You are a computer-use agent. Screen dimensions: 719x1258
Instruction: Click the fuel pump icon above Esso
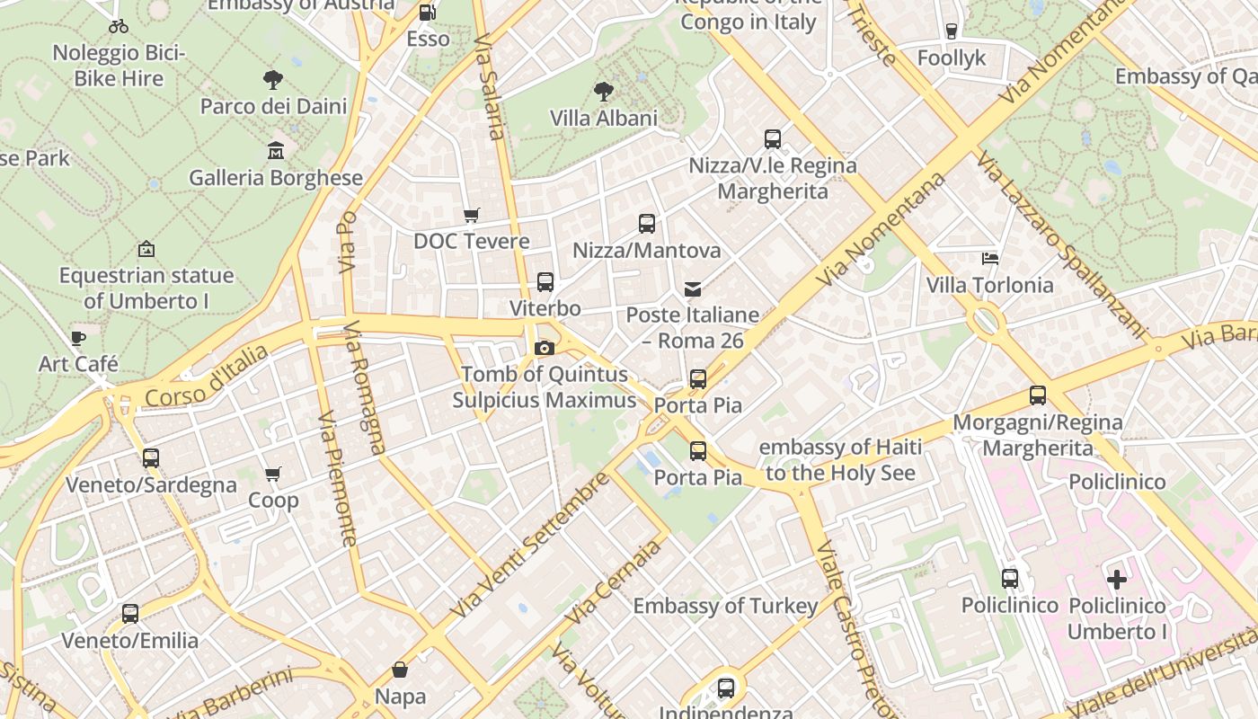tap(428, 13)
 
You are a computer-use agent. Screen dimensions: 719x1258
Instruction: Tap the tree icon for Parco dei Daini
tap(273, 80)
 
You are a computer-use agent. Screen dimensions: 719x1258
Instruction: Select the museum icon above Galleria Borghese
tap(276, 151)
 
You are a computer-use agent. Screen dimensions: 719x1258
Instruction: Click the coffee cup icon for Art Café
tap(78, 338)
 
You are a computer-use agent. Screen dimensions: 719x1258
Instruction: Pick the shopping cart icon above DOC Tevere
tap(471, 215)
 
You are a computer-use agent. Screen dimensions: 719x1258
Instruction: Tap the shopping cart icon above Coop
tap(273, 474)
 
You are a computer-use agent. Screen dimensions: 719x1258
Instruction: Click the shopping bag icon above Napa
tap(400, 670)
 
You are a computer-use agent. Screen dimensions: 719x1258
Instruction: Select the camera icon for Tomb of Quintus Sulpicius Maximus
tap(544, 348)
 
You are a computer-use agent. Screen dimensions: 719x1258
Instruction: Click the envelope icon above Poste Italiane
tap(693, 288)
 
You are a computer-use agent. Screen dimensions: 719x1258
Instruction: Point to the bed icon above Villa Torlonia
tap(989, 259)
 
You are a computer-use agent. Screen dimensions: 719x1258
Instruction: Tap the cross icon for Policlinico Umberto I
tap(1116, 579)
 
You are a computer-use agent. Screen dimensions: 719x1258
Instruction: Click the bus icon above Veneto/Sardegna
tap(151, 458)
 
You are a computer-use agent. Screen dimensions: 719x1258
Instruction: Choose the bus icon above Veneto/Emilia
tap(130, 614)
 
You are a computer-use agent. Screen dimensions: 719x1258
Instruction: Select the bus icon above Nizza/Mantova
tap(647, 224)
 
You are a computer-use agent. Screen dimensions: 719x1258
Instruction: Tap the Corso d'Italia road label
tap(206, 375)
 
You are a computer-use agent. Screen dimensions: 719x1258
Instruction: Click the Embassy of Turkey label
tap(725, 606)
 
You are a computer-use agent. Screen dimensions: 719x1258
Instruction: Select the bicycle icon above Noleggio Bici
tap(119, 26)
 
